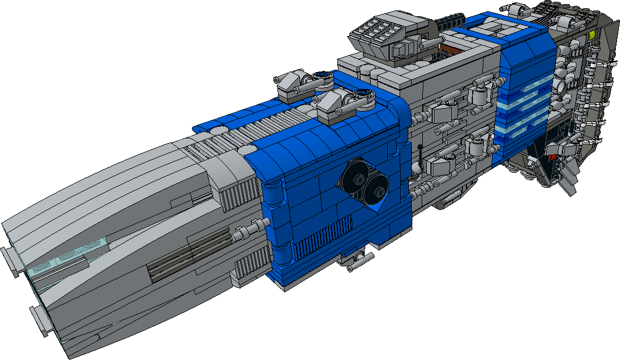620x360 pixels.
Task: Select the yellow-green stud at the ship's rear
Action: [592, 35]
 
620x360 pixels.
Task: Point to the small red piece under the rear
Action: [553, 157]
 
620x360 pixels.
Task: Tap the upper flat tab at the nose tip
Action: [10, 258]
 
